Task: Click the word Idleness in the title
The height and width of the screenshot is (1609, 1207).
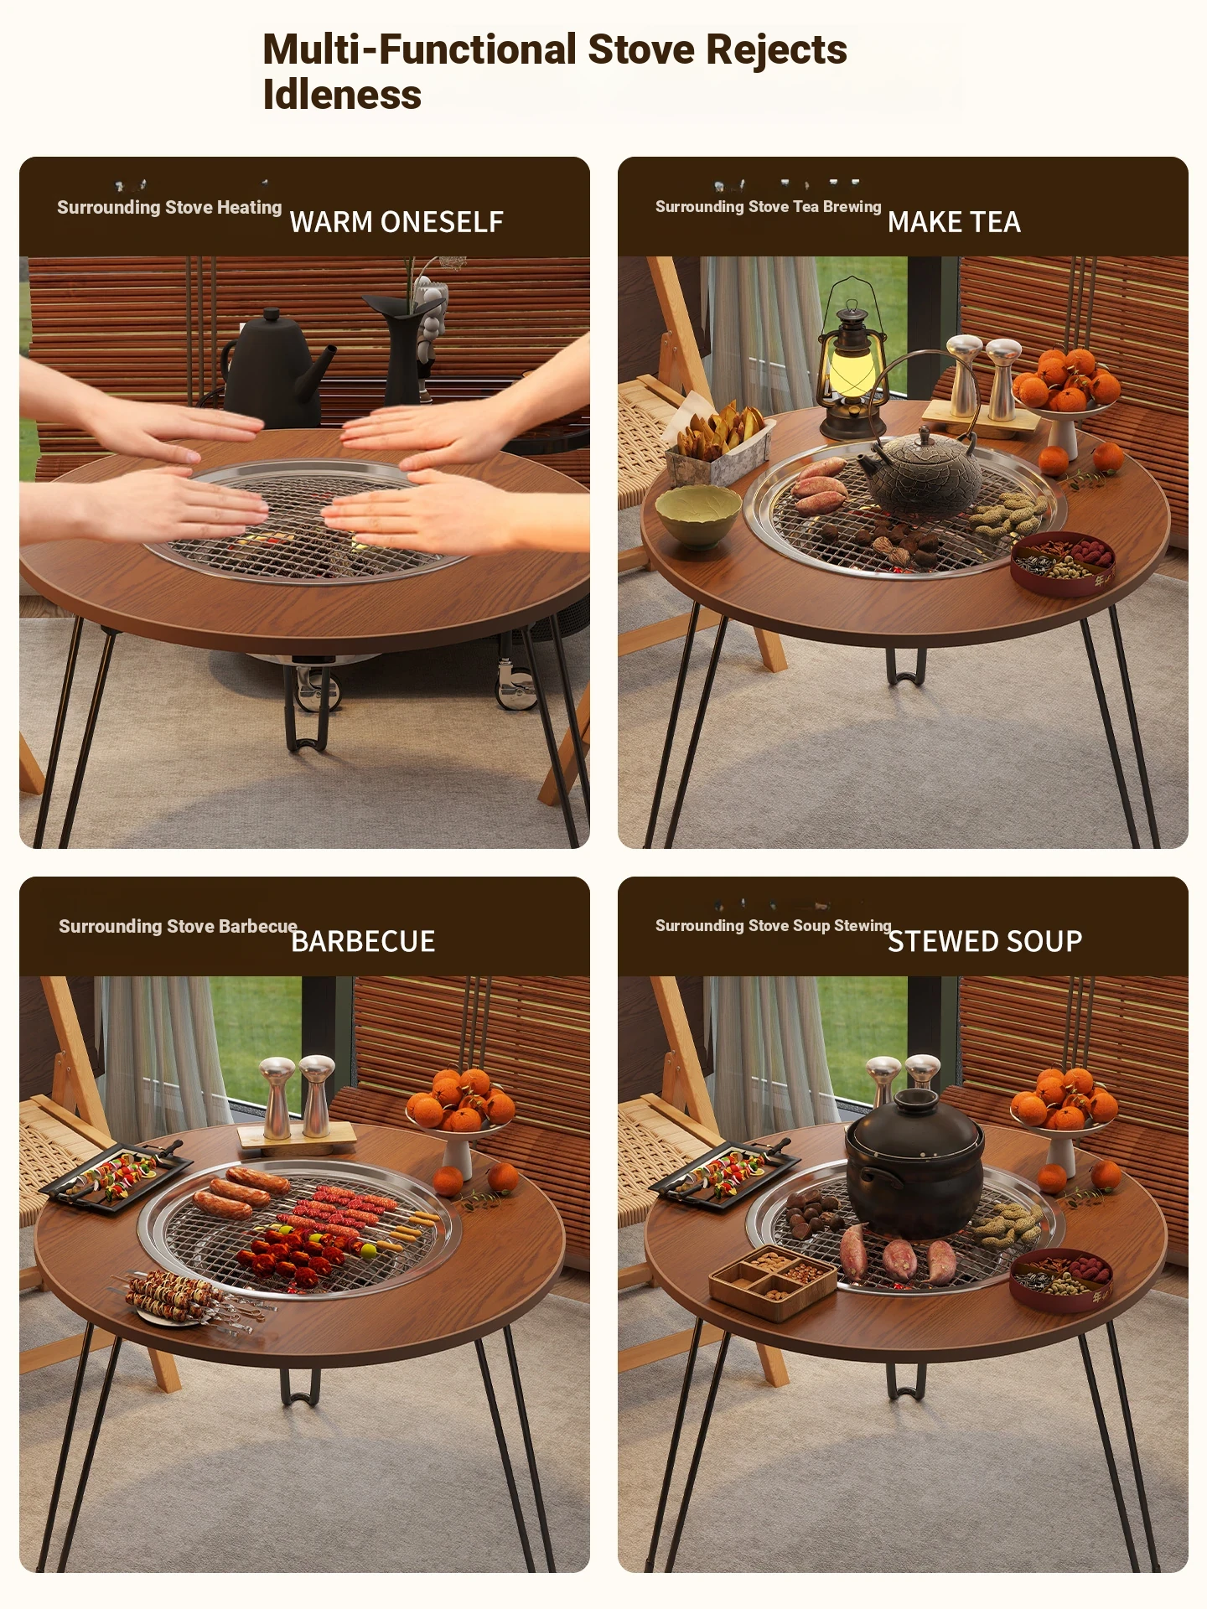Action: (x=342, y=94)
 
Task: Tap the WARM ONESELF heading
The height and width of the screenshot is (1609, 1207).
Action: (x=396, y=222)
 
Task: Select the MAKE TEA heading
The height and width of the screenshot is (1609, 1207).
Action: (x=954, y=222)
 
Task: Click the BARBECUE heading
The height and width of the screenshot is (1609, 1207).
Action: (x=363, y=941)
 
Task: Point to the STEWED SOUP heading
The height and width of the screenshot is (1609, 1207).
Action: (x=985, y=941)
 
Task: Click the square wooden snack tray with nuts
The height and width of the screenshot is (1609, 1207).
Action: (x=773, y=1280)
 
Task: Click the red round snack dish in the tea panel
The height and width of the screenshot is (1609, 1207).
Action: (x=1063, y=562)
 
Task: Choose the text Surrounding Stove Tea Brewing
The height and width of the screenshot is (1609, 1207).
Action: (x=768, y=207)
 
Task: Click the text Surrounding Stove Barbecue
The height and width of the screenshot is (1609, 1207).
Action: (x=178, y=926)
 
